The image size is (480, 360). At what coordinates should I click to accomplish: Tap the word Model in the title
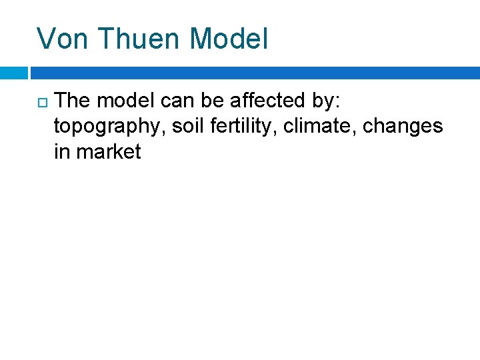pos(229,39)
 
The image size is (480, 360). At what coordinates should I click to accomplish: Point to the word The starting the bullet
pos(73,101)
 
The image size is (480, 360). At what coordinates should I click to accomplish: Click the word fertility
pos(247,127)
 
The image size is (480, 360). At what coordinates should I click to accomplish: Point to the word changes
pos(403,127)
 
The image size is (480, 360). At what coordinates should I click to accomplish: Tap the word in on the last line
pos(62,152)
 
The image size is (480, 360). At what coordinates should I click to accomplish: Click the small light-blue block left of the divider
pos(13,73)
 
